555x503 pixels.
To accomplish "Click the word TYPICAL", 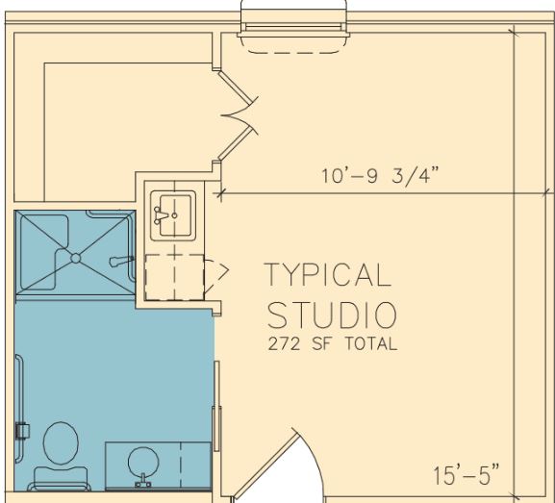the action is [328, 275].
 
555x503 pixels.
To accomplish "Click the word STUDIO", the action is [332, 315].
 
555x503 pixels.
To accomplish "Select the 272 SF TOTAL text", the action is [333, 343].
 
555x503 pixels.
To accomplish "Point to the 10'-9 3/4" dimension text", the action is [380, 175].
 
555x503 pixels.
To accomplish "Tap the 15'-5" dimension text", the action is [467, 475].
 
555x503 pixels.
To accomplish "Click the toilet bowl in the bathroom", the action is [61, 442].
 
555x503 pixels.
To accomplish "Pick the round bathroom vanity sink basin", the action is [143, 462].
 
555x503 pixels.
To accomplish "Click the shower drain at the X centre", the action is [75, 259].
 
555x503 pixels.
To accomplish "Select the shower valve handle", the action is [121, 262].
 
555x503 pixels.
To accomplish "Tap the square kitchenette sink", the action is [173, 215].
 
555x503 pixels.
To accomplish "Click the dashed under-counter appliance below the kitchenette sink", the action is [174, 277].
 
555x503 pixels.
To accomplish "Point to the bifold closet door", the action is [238, 115].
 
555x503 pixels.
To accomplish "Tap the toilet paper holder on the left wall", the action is [23, 431].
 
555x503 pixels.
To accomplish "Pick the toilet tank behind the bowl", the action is [61, 478].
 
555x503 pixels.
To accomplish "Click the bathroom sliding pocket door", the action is [217, 406].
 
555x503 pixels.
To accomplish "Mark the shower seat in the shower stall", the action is [44, 251].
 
